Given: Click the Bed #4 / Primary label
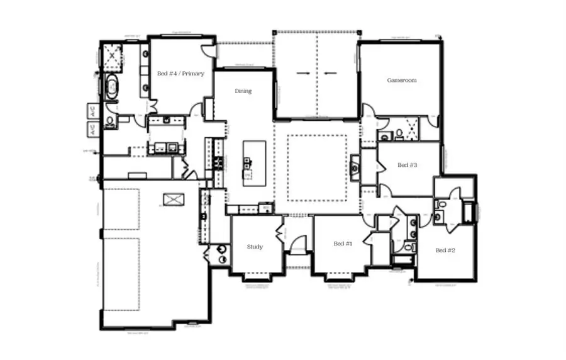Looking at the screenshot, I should click(x=180, y=74).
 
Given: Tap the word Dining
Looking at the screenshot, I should click(x=243, y=91).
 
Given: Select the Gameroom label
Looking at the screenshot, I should click(x=401, y=81).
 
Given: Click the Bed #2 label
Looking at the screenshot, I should click(x=445, y=250).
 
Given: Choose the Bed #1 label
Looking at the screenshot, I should click(x=343, y=244).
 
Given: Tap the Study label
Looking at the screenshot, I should click(x=255, y=247).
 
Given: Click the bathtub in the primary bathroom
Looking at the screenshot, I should click(x=113, y=87).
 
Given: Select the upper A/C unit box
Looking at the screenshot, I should click(x=91, y=111).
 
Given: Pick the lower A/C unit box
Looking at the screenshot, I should click(x=91, y=130).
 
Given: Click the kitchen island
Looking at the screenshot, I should click(x=254, y=160).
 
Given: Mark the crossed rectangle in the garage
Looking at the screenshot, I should click(x=173, y=200).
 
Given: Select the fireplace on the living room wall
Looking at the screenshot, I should click(x=355, y=167).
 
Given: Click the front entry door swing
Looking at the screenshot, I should click(x=299, y=244).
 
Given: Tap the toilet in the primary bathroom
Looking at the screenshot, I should click(x=110, y=121).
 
